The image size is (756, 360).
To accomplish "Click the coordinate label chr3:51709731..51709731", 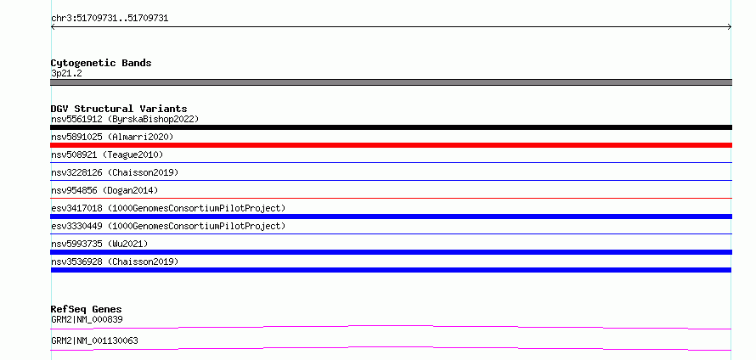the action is pyautogui.click(x=110, y=19).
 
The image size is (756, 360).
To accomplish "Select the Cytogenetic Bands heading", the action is pyautogui.click(x=101, y=63).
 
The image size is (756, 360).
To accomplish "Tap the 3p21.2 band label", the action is pyautogui.click(x=66, y=74).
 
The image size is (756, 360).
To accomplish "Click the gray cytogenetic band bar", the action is pyautogui.click(x=391, y=82).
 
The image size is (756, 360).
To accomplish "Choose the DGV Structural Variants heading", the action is pyautogui.click(x=119, y=109).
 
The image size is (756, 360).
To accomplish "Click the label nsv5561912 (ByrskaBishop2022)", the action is pyautogui.click(x=125, y=119).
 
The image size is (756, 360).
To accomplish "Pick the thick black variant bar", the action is pyautogui.click(x=391, y=127).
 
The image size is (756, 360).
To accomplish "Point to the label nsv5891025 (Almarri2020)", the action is pyautogui.click(x=112, y=137).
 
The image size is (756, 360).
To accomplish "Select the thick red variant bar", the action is pyautogui.click(x=391, y=145).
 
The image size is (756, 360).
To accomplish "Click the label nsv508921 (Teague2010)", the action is pyautogui.click(x=107, y=155).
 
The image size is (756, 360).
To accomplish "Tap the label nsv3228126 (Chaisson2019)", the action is pyautogui.click(x=115, y=172).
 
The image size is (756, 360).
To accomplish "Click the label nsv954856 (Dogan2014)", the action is pyautogui.click(x=104, y=190).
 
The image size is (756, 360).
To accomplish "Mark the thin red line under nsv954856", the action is pyautogui.click(x=391, y=198).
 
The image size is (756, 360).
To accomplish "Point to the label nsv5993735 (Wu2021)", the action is pyautogui.click(x=99, y=244).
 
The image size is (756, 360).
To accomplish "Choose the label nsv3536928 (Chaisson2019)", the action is pyautogui.click(x=115, y=262).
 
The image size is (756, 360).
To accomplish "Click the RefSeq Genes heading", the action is pyautogui.click(x=87, y=309).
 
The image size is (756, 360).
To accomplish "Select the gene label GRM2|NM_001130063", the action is pyautogui.click(x=94, y=340).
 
